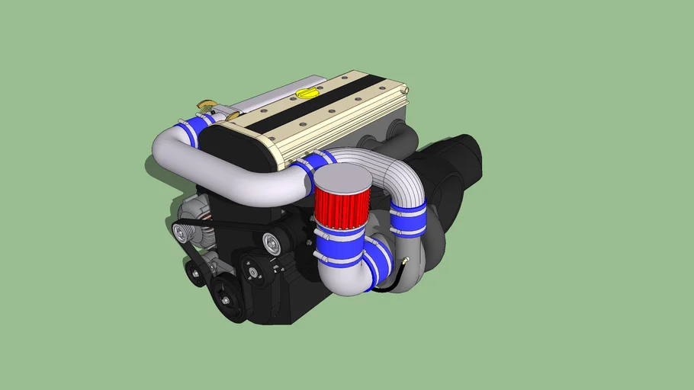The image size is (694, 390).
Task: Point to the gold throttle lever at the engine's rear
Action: coord(207,104)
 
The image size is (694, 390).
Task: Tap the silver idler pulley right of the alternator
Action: coord(272,245)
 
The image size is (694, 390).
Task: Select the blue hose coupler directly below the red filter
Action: coord(339,242)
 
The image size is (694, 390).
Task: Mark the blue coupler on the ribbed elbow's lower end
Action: coord(408,218)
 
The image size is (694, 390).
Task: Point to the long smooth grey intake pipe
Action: coord(229,164)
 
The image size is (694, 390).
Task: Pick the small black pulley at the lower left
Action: coord(196,273)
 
